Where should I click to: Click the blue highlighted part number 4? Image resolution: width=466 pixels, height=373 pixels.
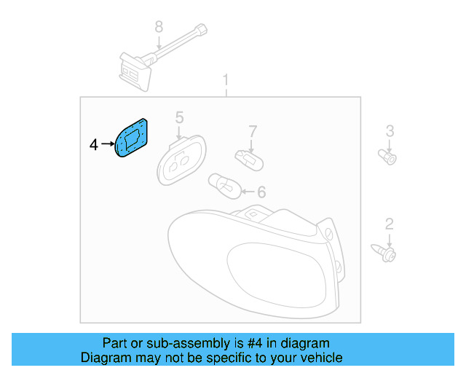pos(133,138)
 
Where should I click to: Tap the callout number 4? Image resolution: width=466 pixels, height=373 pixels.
pos(93,146)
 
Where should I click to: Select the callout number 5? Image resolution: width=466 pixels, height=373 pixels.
pos(179,117)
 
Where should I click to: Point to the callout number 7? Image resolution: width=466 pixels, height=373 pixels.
pos(253,132)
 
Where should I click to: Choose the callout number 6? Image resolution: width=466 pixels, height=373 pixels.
pos(261,192)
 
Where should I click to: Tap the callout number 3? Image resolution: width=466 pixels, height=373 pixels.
pos(390,131)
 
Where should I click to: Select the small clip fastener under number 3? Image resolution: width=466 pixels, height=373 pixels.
pos(389,157)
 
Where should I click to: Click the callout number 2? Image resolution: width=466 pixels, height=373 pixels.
pos(390,224)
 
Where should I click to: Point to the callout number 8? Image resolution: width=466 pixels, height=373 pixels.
pos(159,28)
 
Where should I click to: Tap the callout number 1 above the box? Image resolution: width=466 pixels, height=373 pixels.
pos(226,79)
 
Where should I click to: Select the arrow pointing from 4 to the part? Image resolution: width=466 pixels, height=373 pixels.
pos(107,146)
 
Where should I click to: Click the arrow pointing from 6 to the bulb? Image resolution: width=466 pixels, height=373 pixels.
pos(246,192)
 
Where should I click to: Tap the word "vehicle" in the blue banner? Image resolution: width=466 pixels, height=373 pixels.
pos(318,358)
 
